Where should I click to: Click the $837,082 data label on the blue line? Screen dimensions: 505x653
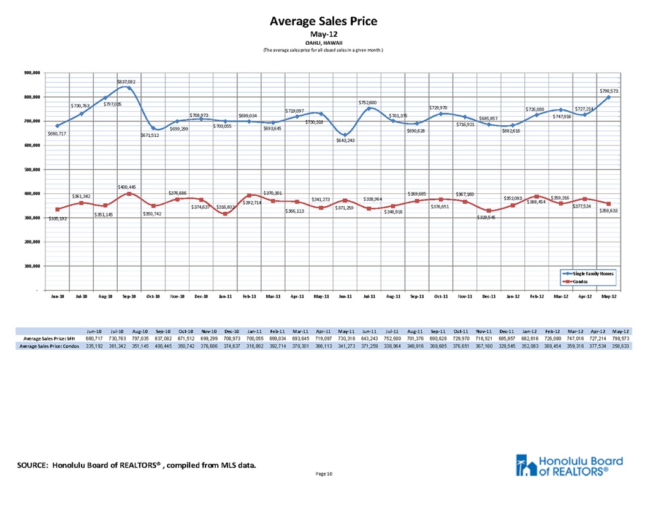pyautogui.click(x=127, y=81)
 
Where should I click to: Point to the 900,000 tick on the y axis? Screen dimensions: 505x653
pyautogui.click(x=32, y=73)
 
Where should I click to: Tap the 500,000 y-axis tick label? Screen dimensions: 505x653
pyautogui.click(x=32, y=170)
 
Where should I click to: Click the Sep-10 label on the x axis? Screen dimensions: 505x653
pyautogui.click(x=129, y=296)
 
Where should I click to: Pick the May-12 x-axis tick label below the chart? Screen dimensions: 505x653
pyautogui.click(x=608, y=296)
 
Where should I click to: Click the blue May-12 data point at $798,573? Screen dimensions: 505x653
pyautogui.click(x=609, y=97)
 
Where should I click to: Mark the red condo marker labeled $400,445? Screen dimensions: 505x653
pyautogui.click(x=129, y=193)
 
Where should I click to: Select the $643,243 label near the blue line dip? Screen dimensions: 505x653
pyautogui.click(x=346, y=141)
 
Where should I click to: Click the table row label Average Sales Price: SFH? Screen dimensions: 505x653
pyautogui.click(x=48, y=338)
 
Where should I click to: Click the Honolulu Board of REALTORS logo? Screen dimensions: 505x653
pyautogui.click(x=570, y=466)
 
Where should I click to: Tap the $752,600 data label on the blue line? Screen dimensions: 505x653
pyautogui.click(x=368, y=102)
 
